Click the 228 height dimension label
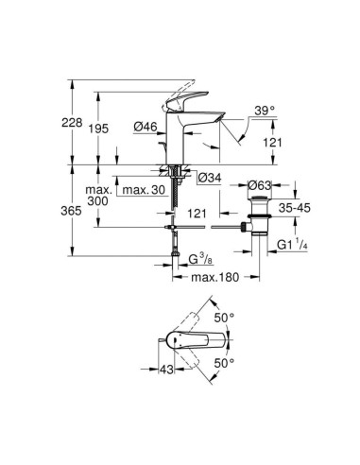(72, 122)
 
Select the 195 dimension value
(98, 129)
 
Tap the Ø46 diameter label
(146, 127)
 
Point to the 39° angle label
(265, 111)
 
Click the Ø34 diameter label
(210, 179)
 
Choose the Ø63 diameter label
(260, 185)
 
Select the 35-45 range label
(295, 208)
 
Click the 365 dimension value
(71, 211)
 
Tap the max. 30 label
(144, 190)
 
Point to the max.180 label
(215, 277)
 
